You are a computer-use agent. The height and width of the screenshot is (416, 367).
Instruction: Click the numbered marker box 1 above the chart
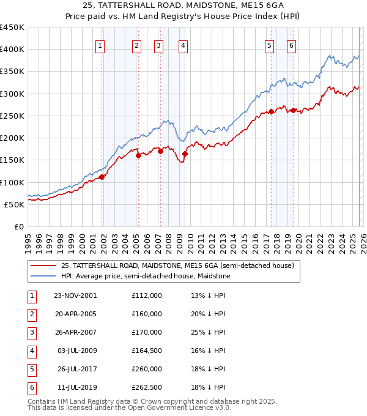[x=100, y=45]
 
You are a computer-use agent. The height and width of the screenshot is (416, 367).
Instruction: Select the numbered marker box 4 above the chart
[x=183, y=45]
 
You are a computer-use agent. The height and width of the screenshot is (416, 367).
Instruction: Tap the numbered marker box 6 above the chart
[x=291, y=45]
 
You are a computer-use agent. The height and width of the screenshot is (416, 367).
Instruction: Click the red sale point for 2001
[x=102, y=177]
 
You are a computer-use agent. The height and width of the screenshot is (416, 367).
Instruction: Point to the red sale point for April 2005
[x=139, y=155]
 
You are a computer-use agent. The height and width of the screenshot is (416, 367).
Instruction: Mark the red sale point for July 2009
[x=184, y=154]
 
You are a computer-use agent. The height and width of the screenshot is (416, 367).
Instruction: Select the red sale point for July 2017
[x=271, y=112]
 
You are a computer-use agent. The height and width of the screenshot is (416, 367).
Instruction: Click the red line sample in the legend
[x=43, y=266]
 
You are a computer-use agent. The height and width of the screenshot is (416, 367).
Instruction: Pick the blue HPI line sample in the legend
[x=43, y=276]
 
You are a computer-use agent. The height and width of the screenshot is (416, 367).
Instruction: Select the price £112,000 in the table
[x=147, y=295]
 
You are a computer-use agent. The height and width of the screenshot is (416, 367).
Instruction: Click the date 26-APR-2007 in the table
[x=75, y=332]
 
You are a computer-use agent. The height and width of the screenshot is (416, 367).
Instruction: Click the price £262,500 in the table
[x=147, y=387]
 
